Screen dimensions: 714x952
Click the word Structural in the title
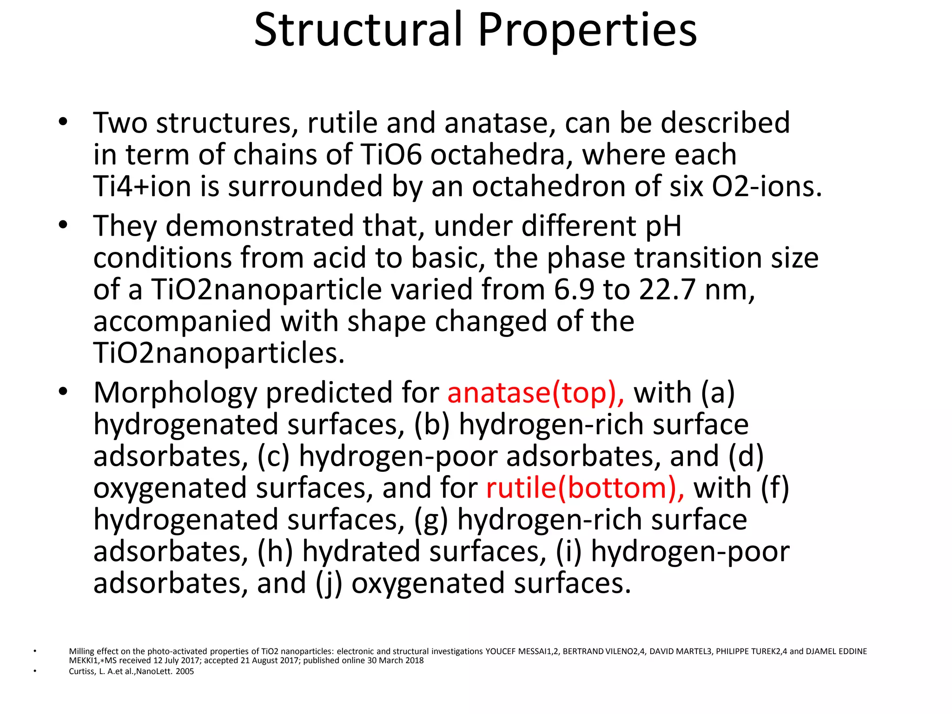358,30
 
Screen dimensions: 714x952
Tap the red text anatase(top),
536,393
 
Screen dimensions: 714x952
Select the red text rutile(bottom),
585,488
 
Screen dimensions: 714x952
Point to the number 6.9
574,290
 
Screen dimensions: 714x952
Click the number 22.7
668,290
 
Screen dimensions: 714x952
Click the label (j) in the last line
329,584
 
